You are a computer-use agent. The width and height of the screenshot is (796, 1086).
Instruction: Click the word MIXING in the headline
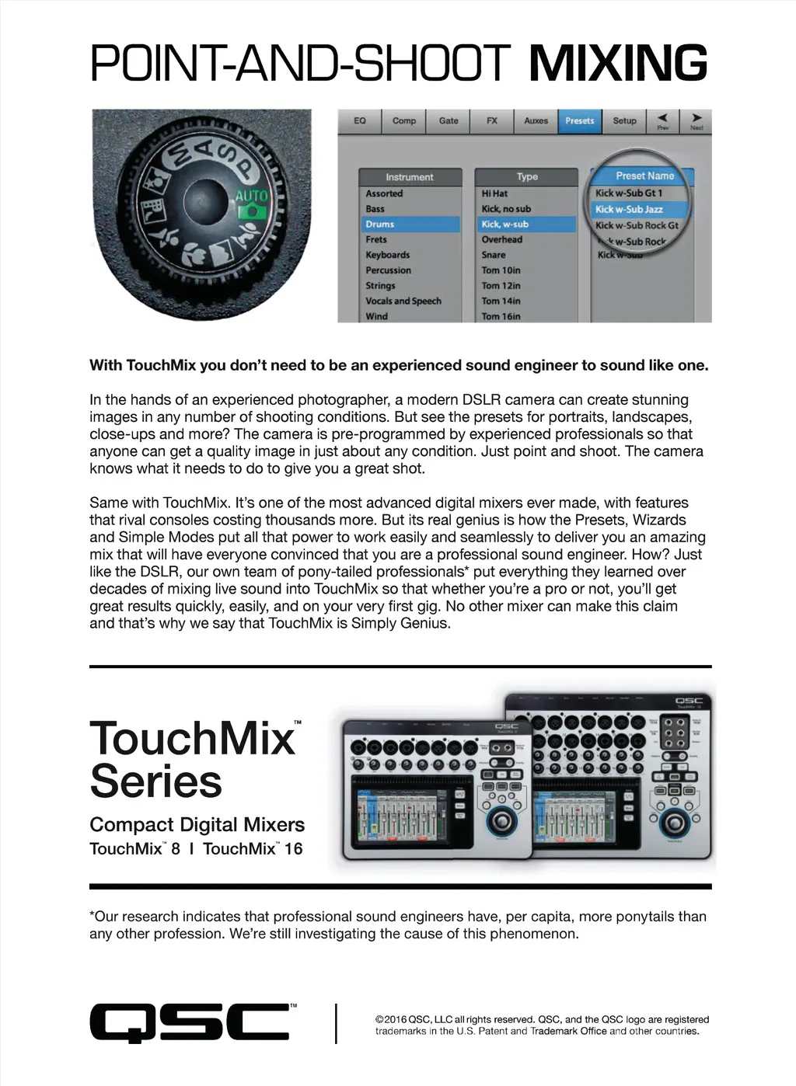click(x=618, y=64)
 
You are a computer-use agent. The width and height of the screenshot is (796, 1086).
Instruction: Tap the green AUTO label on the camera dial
click(x=251, y=196)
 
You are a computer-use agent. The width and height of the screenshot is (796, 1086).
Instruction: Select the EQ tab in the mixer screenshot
click(x=359, y=121)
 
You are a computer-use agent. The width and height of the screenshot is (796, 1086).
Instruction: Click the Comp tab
click(x=404, y=121)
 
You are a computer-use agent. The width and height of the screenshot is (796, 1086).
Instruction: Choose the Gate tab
click(x=449, y=121)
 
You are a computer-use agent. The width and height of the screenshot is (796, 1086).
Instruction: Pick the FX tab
click(x=492, y=121)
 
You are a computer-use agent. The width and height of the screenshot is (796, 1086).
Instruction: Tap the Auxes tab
click(x=536, y=121)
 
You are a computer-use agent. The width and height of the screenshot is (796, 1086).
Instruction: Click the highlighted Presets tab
click(x=579, y=121)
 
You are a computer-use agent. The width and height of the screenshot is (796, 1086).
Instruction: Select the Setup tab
click(x=624, y=121)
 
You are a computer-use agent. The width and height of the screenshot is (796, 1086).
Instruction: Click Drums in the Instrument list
click(x=380, y=225)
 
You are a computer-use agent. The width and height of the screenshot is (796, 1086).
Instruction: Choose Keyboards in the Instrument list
click(x=388, y=255)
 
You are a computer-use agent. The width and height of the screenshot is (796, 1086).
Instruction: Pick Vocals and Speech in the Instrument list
click(x=403, y=301)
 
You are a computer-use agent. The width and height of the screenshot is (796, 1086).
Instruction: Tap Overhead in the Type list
click(x=501, y=240)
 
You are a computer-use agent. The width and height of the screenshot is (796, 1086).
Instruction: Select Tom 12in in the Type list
click(x=501, y=286)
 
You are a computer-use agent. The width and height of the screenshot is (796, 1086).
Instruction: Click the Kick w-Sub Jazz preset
click(x=629, y=210)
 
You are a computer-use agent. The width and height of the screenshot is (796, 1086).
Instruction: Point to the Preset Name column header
click(x=644, y=176)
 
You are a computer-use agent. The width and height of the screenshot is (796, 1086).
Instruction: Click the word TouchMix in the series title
click(x=192, y=739)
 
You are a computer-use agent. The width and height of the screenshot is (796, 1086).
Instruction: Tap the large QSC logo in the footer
click(x=189, y=1022)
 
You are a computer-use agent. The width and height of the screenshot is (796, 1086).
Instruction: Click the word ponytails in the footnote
click(x=647, y=917)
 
